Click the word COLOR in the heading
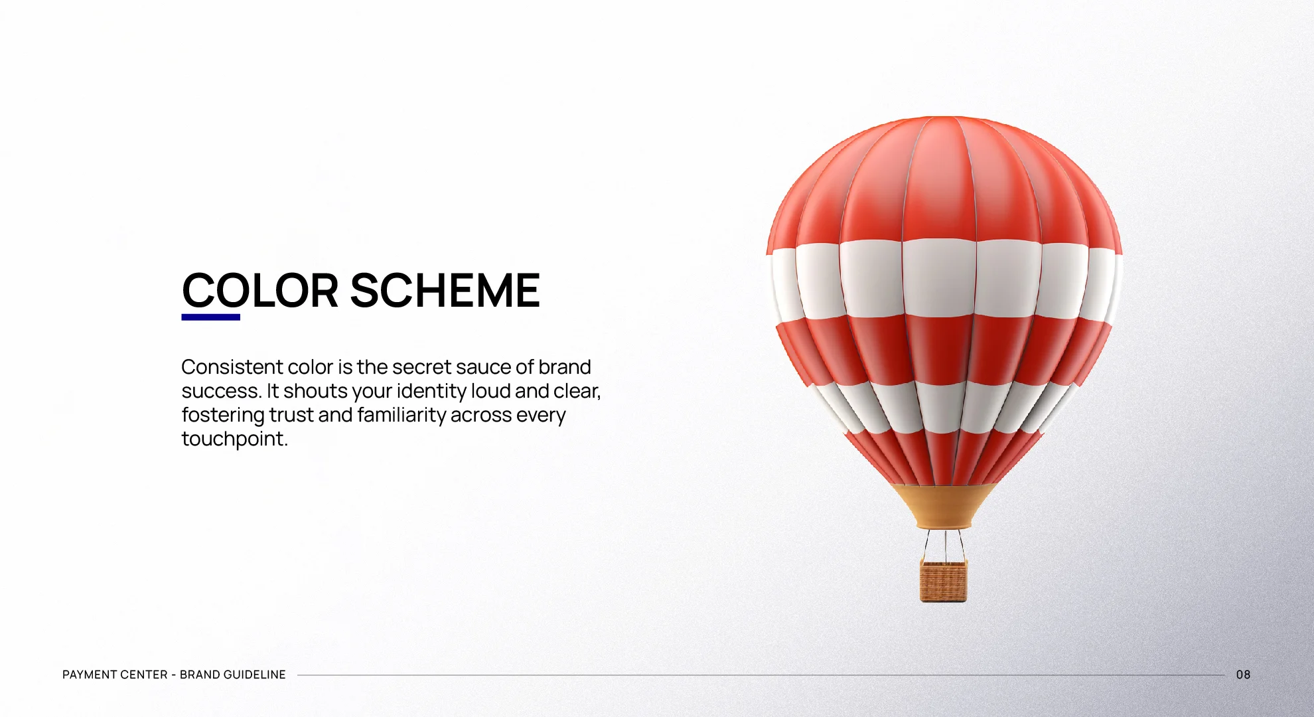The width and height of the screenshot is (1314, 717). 260,290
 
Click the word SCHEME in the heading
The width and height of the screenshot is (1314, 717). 445,290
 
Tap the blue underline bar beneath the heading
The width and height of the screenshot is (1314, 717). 211,317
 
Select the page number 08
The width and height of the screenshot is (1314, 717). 1243,675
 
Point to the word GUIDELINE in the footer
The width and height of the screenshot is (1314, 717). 255,675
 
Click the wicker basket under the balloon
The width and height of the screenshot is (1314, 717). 943,580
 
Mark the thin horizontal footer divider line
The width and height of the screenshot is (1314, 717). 761,675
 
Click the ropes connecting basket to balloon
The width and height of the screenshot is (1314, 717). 943,544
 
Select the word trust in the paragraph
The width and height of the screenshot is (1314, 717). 291,416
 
